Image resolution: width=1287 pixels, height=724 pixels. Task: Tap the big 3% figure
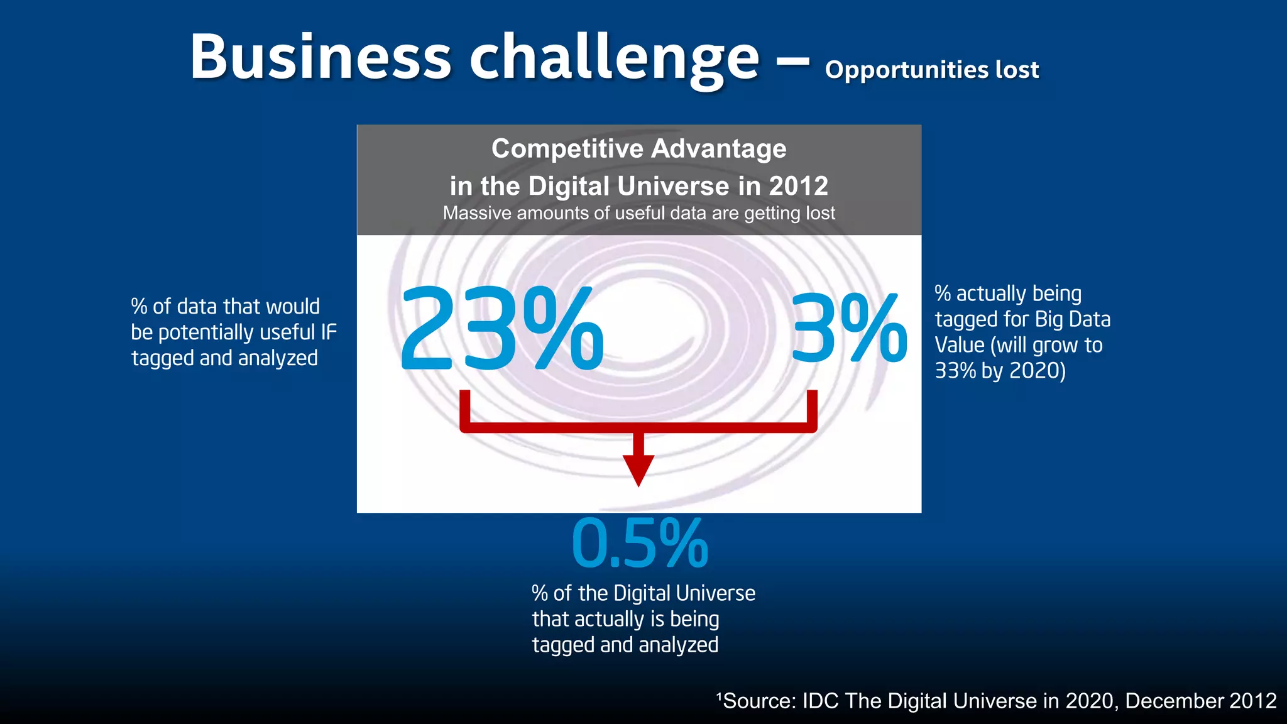pos(848,329)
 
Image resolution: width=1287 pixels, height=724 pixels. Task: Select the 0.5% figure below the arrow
pos(640,544)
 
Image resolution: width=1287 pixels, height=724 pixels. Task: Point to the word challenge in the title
pos(615,58)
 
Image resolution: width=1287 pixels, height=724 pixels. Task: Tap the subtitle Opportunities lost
pos(931,70)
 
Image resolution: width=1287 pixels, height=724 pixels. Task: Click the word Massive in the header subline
pos(477,213)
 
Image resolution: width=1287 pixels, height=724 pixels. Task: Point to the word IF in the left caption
pos(329,332)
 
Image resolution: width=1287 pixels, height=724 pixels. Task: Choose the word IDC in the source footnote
pos(821,701)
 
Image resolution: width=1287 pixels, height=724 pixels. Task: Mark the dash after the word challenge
pos(793,62)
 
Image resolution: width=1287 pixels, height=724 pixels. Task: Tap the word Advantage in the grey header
pos(718,149)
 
